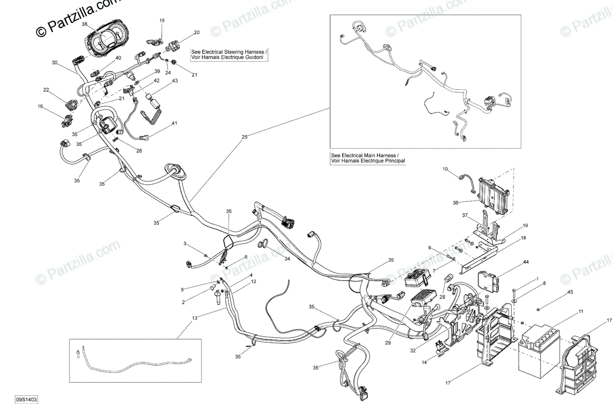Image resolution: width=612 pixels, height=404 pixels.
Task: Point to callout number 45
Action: (570, 292)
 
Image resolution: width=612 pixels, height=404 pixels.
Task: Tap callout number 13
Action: (194, 318)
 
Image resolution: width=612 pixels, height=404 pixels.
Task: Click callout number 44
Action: (526, 262)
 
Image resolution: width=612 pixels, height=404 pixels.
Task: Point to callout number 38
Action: (85, 24)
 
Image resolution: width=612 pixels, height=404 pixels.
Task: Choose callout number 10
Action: (445, 168)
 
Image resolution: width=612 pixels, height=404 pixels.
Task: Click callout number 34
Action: (287, 259)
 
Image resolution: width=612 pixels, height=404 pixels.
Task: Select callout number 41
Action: (174, 123)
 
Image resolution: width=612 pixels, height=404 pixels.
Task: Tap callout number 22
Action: (46, 90)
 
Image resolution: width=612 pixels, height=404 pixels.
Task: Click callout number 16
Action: (40, 106)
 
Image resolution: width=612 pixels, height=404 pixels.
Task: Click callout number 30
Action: (55, 63)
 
